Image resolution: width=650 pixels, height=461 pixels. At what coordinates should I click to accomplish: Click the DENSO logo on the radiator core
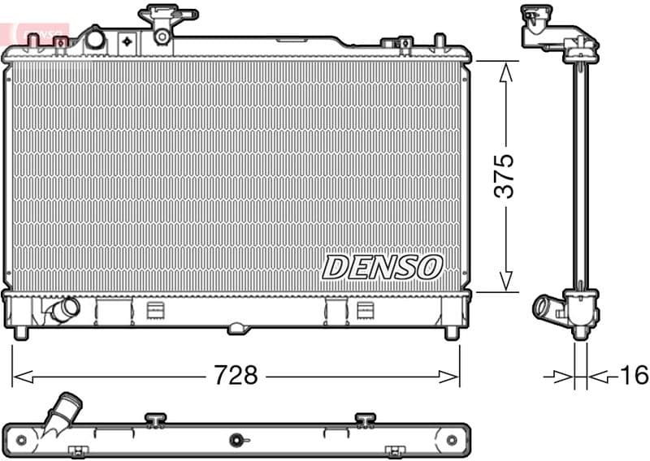(x=382, y=266)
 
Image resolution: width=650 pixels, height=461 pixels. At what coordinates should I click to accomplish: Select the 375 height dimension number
(x=505, y=175)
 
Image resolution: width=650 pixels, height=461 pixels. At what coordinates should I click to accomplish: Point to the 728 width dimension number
(x=236, y=376)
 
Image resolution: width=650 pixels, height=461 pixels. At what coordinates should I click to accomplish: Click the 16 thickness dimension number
(x=634, y=375)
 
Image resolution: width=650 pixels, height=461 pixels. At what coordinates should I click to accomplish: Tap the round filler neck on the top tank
(x=95, y=38)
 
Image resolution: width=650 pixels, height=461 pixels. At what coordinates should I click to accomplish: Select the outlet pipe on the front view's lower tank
(x=63, y=310)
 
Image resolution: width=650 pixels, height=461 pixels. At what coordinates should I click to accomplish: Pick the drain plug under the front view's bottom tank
(x=236, y=329)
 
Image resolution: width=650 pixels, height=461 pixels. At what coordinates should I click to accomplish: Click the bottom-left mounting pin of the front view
(x=21, y=333)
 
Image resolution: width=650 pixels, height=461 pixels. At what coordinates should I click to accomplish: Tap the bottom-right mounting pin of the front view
(x=452, y=333)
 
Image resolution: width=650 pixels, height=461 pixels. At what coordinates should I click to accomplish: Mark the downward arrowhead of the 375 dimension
(x=505, y=280)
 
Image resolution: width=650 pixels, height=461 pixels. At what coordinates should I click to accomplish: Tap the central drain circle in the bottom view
(x=236, y=440)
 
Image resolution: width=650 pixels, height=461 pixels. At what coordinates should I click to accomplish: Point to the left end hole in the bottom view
(x=22, y=440)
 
